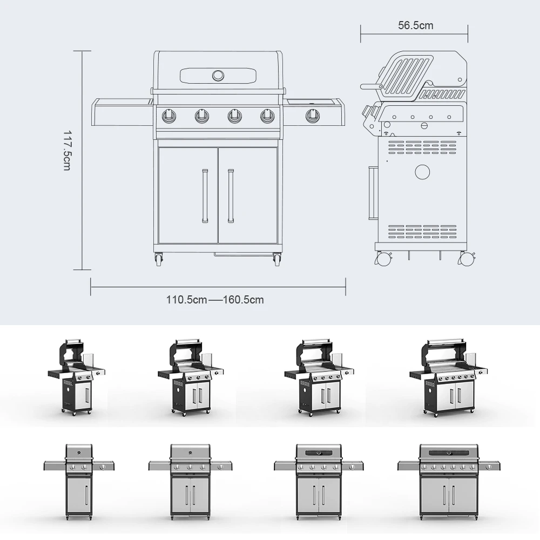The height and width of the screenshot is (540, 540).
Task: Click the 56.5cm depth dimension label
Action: click(415, 25)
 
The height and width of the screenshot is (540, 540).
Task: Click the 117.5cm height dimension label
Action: click(67, 151)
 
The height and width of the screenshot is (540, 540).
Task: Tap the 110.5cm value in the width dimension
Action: click(186, 300)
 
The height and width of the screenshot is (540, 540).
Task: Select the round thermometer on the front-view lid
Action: click(218, 75)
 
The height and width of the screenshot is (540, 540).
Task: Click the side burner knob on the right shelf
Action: click(312, 115)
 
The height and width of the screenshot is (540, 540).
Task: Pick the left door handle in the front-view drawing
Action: click(205, 195)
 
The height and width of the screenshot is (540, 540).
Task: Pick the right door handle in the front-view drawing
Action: click(231, 195)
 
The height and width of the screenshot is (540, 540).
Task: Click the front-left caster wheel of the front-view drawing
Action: click(159, 260)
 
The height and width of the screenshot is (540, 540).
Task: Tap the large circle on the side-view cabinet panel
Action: click(422, 172)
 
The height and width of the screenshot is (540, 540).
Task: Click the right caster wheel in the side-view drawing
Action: click(466, 259)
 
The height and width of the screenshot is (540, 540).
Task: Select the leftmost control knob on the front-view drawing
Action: click(170, 116)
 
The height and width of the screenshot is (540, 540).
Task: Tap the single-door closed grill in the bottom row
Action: click(79, 480)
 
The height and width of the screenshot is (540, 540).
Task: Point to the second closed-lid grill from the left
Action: click(190, 480)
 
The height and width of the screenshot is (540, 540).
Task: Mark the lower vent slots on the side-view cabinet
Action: click(422, 230)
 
